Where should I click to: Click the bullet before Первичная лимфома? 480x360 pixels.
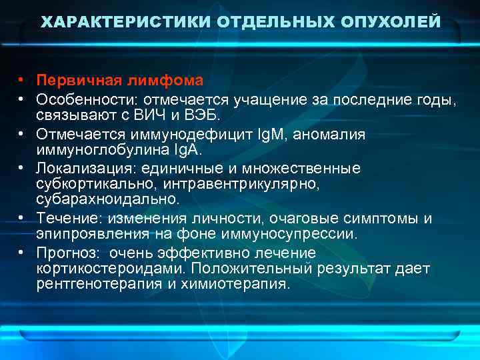tap(22, 81)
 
